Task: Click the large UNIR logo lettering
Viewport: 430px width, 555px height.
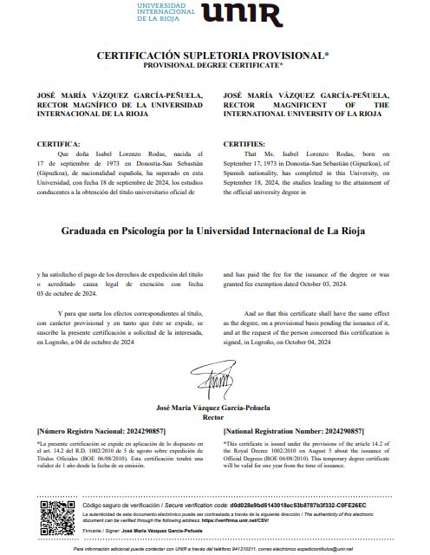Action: point(242,15)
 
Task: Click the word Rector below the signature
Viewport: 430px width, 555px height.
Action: point(213,416)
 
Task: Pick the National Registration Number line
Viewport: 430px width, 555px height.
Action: point(293,431)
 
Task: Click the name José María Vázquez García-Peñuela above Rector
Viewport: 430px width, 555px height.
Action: point(213,407)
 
